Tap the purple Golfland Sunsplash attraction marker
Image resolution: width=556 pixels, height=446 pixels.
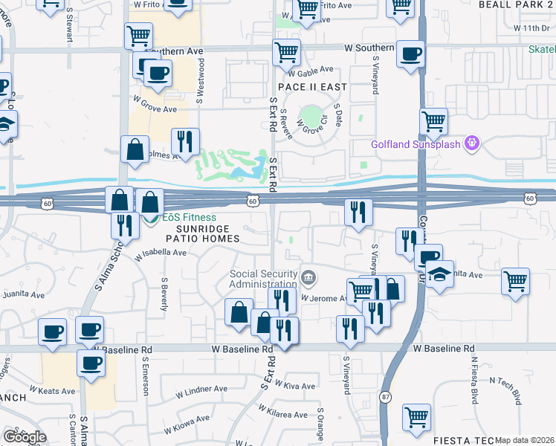471,143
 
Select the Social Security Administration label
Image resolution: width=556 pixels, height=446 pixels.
262,279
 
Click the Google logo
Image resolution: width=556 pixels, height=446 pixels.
25,436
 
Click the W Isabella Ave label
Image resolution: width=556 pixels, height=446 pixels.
161,253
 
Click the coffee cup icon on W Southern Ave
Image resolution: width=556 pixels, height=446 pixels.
410,54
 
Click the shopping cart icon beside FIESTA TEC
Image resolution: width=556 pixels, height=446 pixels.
416,417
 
